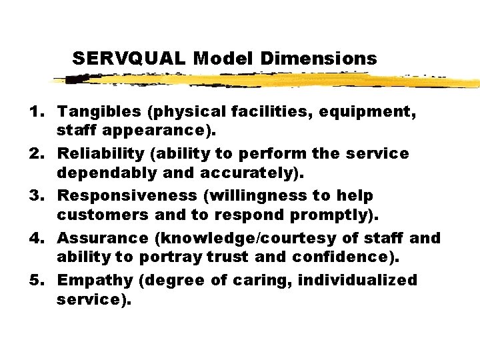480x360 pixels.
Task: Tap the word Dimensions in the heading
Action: click(x=319, y=59)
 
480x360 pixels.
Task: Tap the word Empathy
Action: click(x=93, y=280)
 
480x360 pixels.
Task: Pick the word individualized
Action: click(x=358, y=280)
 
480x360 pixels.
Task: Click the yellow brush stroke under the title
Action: click(x=267, y=81)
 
